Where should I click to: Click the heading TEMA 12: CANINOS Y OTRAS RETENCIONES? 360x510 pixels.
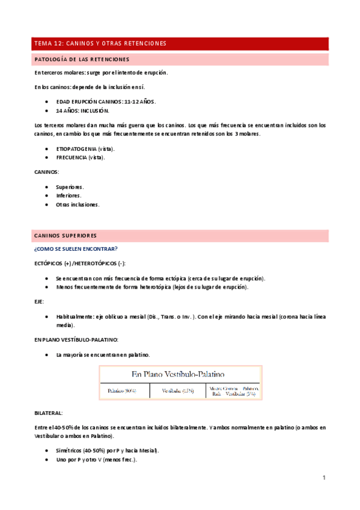tap(100, 44)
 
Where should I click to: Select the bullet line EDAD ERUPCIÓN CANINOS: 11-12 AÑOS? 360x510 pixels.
tap(106, 102)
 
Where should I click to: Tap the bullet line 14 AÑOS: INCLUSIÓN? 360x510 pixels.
tap(82, 111)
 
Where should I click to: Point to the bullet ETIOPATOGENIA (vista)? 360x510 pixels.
tap(85, 148)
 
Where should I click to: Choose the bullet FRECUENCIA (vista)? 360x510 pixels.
tap(81, 158)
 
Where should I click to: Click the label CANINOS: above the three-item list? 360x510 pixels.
tap(47, 172)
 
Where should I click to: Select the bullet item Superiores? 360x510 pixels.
tap(70, 186)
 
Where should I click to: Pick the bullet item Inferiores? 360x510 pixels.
tap(69, 195)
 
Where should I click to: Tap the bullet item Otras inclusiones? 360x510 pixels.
tap(78, 204)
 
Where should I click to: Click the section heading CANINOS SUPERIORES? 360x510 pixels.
tap(66, 235)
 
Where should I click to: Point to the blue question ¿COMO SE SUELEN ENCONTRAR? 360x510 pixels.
tap(76, 249)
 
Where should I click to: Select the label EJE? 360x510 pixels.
tap(40, 302)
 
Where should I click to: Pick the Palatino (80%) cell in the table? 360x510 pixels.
tap(122, 391)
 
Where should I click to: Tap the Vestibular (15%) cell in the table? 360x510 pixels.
tap(178, 391)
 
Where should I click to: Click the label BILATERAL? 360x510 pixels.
tap(49, 413)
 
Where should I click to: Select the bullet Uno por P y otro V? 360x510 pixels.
tap(96, 460)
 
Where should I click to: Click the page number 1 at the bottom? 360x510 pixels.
tap(323, 478)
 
